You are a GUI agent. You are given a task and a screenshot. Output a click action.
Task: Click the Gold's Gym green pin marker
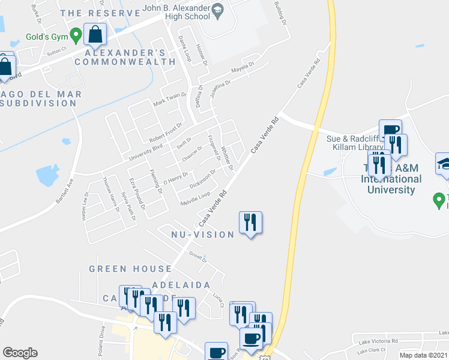pos(76,36)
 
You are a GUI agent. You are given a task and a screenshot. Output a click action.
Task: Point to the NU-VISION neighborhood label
pos(202,235)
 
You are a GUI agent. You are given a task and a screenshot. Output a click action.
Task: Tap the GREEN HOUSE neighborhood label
pos(130,268)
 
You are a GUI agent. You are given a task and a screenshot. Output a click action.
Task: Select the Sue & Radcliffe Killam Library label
pos(354,143)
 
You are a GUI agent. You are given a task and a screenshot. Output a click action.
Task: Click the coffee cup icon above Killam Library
pos(390,130)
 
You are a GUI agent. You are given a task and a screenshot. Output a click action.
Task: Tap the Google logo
pos(19,353)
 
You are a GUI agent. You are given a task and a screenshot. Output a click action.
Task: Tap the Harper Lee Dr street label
pos(84,206)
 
